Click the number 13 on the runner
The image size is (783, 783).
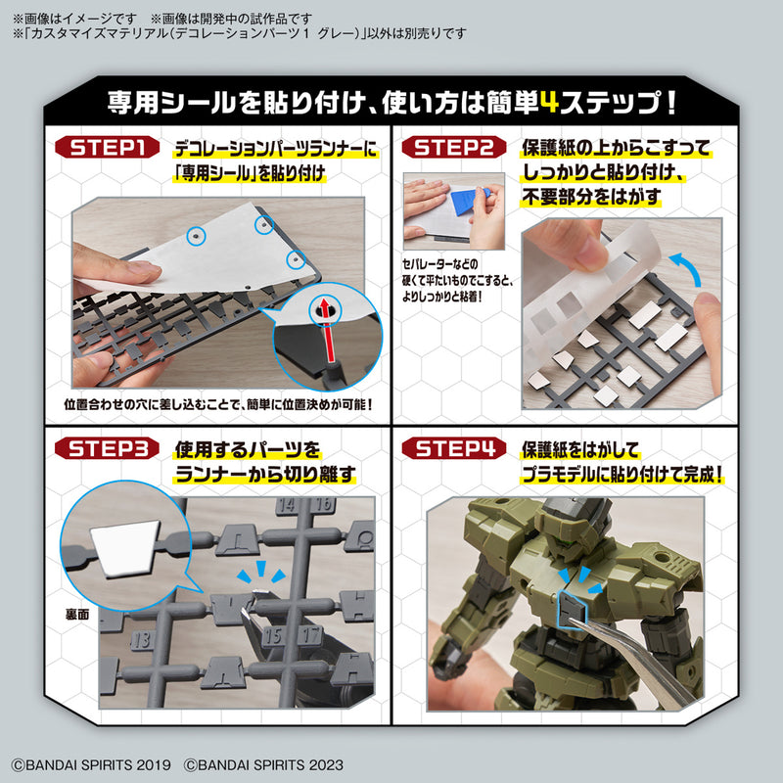(139, 640)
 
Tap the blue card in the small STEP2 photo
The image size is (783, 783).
(456, 201)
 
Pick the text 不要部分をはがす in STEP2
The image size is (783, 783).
(590, 197)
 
